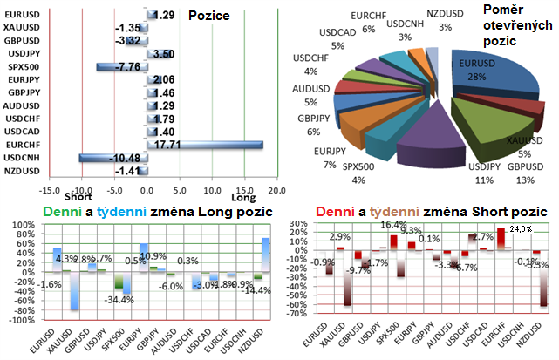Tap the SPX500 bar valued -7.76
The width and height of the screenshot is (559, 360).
click(x=122, y=66)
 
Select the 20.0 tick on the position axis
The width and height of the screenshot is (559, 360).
click(x=278, y=189)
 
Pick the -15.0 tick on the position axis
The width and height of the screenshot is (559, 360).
click(x=50, y=189)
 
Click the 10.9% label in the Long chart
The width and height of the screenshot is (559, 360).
click(x=153, y=257)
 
